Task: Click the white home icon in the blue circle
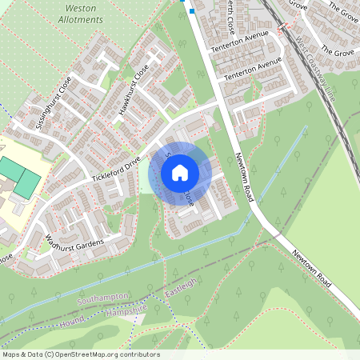click(180, 172)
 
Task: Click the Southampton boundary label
click(103, 298)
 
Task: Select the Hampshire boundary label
click(129, 308)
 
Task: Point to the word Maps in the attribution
click(11, 354)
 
